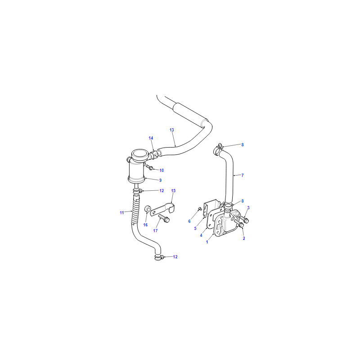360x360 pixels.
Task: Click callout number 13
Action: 172,130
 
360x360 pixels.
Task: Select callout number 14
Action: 151,138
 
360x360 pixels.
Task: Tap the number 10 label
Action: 162,171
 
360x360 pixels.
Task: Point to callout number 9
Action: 161,180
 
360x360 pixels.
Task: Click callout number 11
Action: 121,213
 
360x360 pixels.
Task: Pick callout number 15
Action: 173,190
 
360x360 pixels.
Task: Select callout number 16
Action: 145,225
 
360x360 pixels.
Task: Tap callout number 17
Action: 155,230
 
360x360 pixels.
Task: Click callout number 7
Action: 243,175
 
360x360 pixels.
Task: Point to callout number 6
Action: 189,221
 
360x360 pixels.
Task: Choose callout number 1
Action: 207,242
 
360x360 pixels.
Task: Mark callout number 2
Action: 244,238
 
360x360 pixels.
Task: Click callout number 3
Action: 248,208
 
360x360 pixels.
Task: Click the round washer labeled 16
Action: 148,209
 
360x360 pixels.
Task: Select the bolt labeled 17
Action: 164,218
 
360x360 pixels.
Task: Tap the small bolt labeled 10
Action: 149,167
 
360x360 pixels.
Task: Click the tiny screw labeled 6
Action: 199,208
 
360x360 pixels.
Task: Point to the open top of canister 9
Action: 139,153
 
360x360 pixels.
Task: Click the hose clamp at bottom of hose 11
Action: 158,257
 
